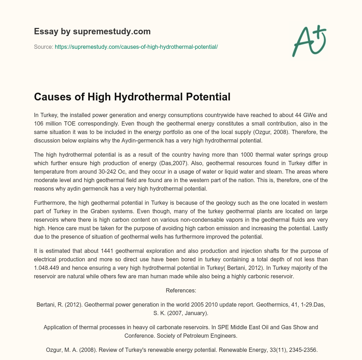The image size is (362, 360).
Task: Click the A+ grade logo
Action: point(309,41)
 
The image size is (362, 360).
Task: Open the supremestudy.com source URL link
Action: point(136,47)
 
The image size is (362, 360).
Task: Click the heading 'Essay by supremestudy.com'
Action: point(92,31)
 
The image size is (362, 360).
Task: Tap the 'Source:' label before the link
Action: point(43,47)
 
